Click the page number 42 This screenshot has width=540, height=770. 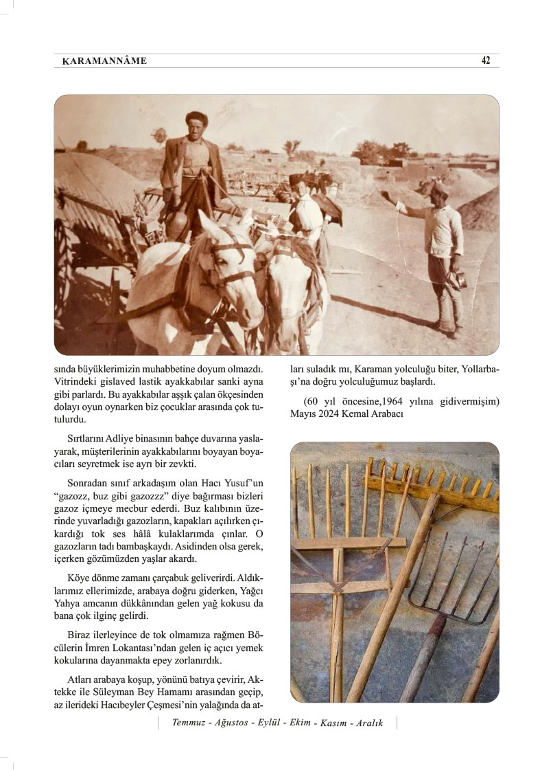click(x=485, y=60)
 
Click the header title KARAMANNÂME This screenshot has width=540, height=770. click(x=104, y=61)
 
